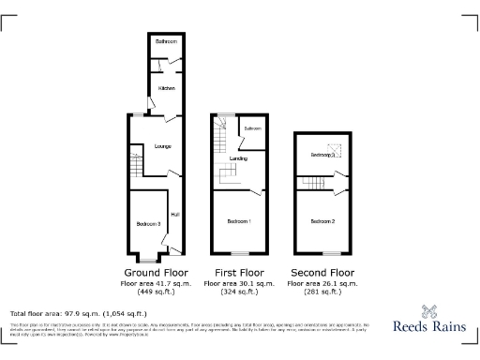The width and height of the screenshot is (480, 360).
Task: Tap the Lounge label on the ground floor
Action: tap(150, 147)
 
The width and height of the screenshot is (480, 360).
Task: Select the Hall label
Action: tap(174, 215)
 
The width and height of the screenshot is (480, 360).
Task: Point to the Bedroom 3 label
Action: tap(147, 223)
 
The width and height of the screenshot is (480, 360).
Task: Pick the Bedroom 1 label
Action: tap(238, 221)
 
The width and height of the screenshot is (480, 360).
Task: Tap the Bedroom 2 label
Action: tap(322, 221)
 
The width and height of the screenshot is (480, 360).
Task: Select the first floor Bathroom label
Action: tap(252, 127)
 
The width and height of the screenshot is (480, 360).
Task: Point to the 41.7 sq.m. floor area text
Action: tap(155, 283)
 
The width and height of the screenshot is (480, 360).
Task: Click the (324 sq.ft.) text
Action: tap(238, 292)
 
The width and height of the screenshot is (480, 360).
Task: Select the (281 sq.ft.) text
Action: tap(322, 292)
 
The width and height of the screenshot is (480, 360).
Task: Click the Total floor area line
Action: tap(78, 313)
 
